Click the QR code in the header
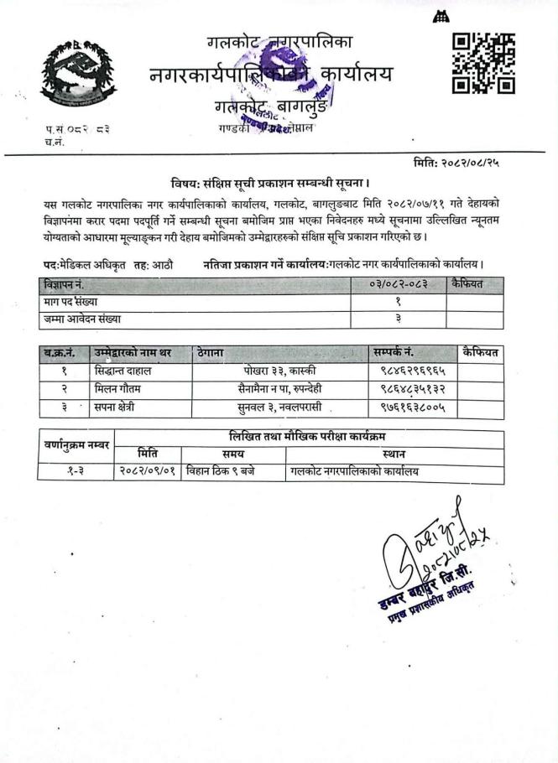pyautogui.click(x=483, y=63)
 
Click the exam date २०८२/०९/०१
pyautogui.click(x=148, y=472)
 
